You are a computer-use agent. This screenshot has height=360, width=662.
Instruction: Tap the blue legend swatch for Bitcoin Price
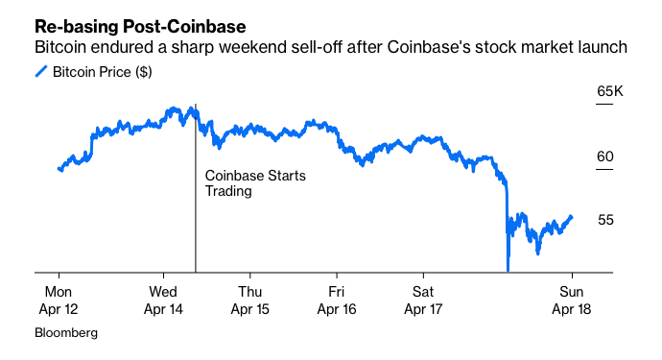pyautogui.click(x=41, y=72)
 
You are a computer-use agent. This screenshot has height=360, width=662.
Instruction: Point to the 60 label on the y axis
pyautogui.click(x=605, y=156)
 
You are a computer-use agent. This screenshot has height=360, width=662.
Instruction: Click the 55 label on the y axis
pyautogui.click(x=605, y=220)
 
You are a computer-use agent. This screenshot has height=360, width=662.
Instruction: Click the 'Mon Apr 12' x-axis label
pyautogui.click(x=58, y=300)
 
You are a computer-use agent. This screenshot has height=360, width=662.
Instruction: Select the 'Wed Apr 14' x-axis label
pyautogui.click(x=162, y=300)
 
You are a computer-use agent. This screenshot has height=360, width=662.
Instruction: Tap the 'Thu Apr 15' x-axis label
pyautogui.click(x=248, y=300)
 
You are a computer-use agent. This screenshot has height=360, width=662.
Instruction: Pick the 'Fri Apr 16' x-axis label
pyautogui.click(x=336, y=300)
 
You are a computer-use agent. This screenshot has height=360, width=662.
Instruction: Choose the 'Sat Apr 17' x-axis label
pyautogui.click(x=423, y=300)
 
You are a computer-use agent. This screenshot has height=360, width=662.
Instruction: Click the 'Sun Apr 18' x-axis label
pyautogui.click(x=570, y=300)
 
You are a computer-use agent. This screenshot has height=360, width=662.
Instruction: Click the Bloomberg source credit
pyautogui.click(x=66, y=333)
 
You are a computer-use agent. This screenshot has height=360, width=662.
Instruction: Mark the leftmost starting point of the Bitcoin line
pyautogui.click(x=59, y=169)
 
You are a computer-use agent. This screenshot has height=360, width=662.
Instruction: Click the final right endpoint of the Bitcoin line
pyautogui.click(x=573, y=216)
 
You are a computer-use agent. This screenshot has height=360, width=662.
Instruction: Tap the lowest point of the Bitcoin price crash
pyautogui.click(x=508, y=270)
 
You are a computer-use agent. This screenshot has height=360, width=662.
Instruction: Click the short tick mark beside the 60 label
pyautogui.click(x=604, y=170)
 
